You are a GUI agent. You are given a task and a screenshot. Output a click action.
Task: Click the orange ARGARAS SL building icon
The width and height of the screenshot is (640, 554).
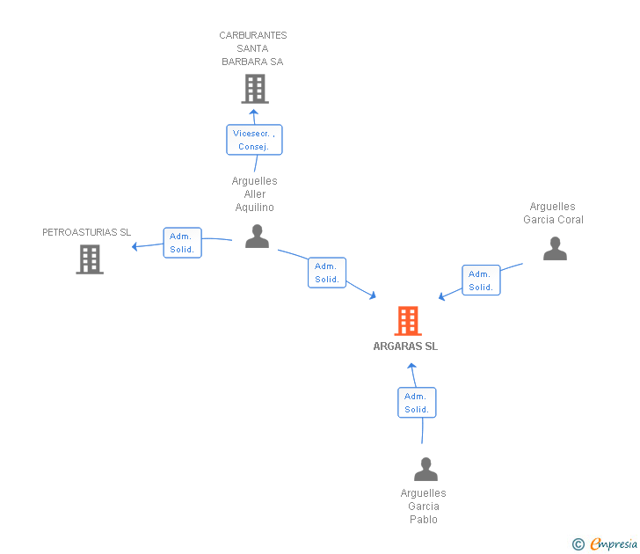[408, 321]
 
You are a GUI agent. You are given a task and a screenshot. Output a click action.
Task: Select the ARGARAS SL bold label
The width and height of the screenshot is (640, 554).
[405, 346]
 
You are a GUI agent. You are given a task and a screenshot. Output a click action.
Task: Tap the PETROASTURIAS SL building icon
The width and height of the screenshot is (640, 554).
[90, 259]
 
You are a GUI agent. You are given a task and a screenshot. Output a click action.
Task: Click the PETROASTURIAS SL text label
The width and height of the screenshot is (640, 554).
[86, 232]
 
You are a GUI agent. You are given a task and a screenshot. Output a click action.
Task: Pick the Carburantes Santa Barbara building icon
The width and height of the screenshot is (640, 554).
[255, 89]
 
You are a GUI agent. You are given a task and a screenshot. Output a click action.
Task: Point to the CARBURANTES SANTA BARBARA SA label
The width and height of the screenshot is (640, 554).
[253, 48]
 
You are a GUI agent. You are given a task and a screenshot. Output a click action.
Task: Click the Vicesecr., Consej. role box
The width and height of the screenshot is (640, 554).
[254, 140]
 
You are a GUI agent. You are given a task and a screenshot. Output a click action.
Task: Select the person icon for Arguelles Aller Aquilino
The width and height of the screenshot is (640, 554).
[257, 236]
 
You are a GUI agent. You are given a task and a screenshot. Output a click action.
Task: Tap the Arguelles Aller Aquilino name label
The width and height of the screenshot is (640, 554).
[255, 194]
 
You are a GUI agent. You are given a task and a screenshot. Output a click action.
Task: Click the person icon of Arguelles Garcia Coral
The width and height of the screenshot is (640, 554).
[555, 248]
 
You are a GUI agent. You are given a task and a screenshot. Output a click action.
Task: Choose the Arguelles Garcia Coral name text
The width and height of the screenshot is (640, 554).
[553, 213]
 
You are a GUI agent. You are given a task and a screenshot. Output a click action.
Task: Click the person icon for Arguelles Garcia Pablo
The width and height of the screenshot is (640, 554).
[425, 469]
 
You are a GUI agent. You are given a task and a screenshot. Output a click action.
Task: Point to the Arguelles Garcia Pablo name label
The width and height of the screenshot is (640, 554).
[423, 507]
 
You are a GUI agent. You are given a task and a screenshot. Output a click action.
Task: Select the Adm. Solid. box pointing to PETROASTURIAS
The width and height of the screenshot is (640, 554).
[183, 243]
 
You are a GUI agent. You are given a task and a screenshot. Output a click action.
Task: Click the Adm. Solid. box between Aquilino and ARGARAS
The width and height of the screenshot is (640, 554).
[327, 273]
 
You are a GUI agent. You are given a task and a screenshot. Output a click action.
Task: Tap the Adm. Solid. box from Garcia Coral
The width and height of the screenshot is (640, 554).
[481, 280]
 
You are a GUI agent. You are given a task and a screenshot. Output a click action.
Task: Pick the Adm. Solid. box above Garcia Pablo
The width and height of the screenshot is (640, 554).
[417, 403]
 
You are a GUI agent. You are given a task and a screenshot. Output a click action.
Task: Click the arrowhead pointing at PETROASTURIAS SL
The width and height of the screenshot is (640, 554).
[135, 246]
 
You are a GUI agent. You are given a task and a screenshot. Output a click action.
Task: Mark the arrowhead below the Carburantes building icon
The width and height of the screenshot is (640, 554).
[253, 112]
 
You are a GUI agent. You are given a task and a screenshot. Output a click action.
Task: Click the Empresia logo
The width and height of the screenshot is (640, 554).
[605, 543]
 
